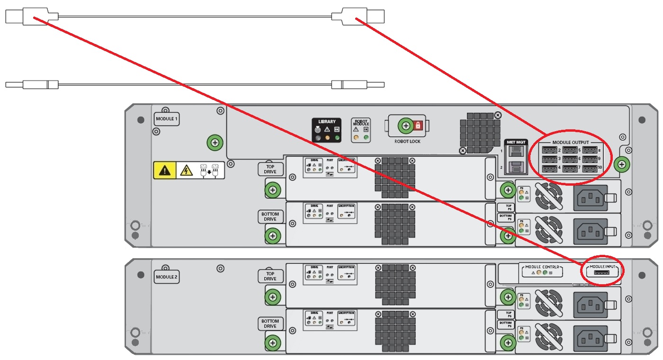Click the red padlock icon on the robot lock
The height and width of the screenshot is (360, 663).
(418, 126)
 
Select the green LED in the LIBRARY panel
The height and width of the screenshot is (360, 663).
(337, 138)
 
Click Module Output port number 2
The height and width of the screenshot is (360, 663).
(549, 150)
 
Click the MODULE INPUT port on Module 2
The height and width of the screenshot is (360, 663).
(602, 274)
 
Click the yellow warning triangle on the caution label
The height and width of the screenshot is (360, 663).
(164, 171)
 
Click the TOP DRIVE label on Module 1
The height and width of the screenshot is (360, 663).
(270, 169)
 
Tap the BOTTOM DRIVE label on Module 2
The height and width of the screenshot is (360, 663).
(270, 324)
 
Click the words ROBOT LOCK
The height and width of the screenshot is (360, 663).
(407, 141)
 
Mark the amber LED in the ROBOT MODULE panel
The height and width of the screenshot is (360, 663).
(356, 138)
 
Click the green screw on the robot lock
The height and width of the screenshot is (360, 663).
(405, 126)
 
